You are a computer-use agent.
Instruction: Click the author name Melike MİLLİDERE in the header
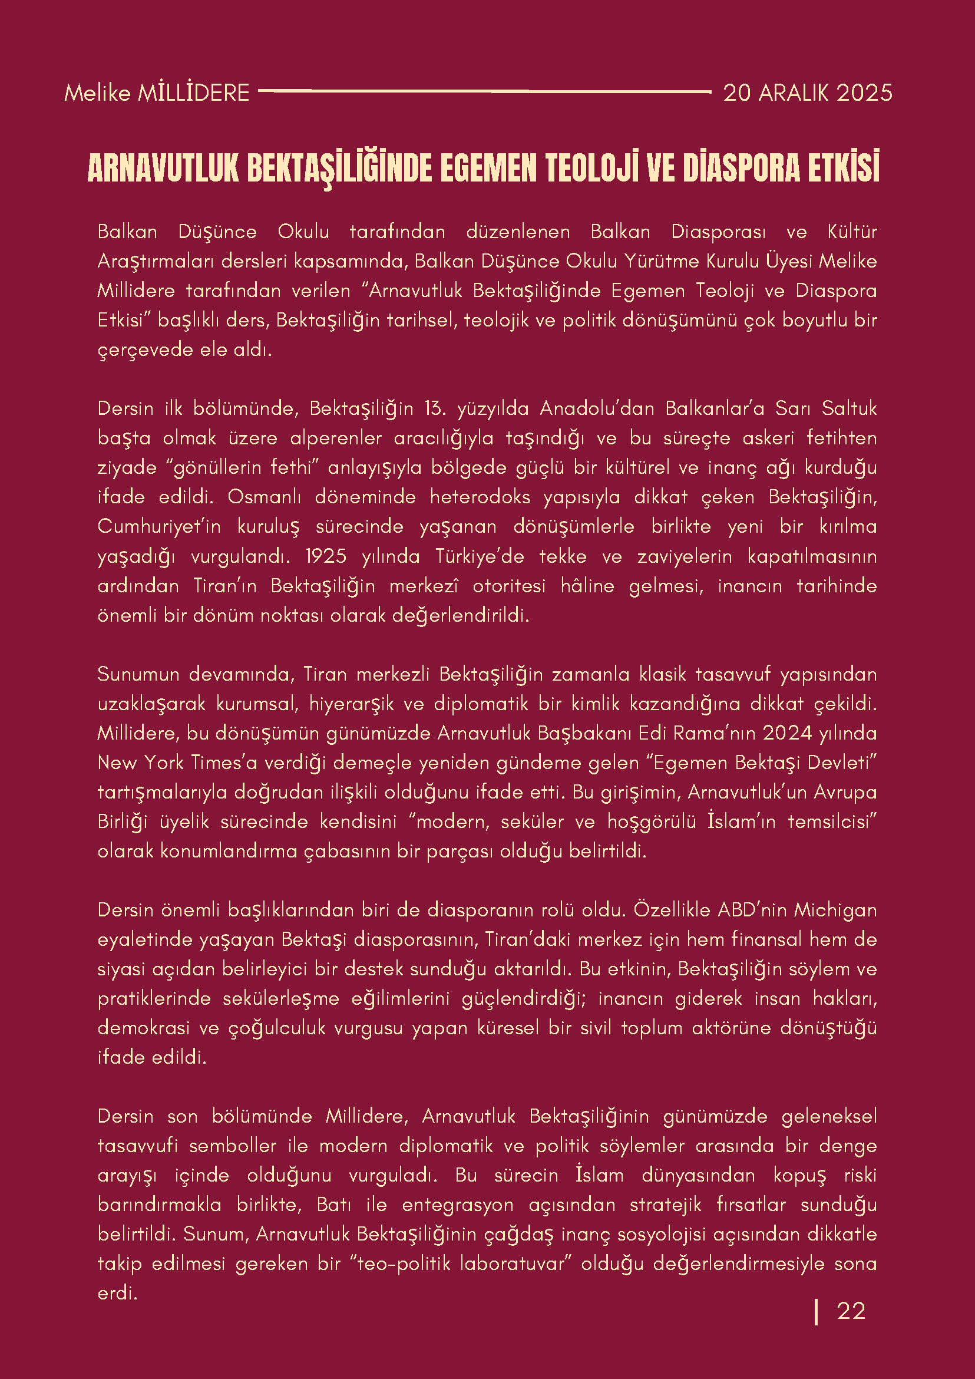click(x=157, y=93)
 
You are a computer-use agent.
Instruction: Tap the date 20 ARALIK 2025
click(x=807, y=93)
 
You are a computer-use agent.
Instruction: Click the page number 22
click(x=851, y=1311)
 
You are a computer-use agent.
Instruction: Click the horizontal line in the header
click(x=484, y=91)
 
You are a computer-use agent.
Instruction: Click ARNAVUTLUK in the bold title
click(x=163, y=168)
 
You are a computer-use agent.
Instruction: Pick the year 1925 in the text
click(x=325, y=556)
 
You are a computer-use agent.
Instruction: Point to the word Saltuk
click(x=849, y=408)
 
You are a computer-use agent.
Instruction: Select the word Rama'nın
click(x=711, y=733)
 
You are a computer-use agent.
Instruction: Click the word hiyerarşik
click(x=351, y=704)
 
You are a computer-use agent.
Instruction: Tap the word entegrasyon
click(x=458, y=1205)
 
